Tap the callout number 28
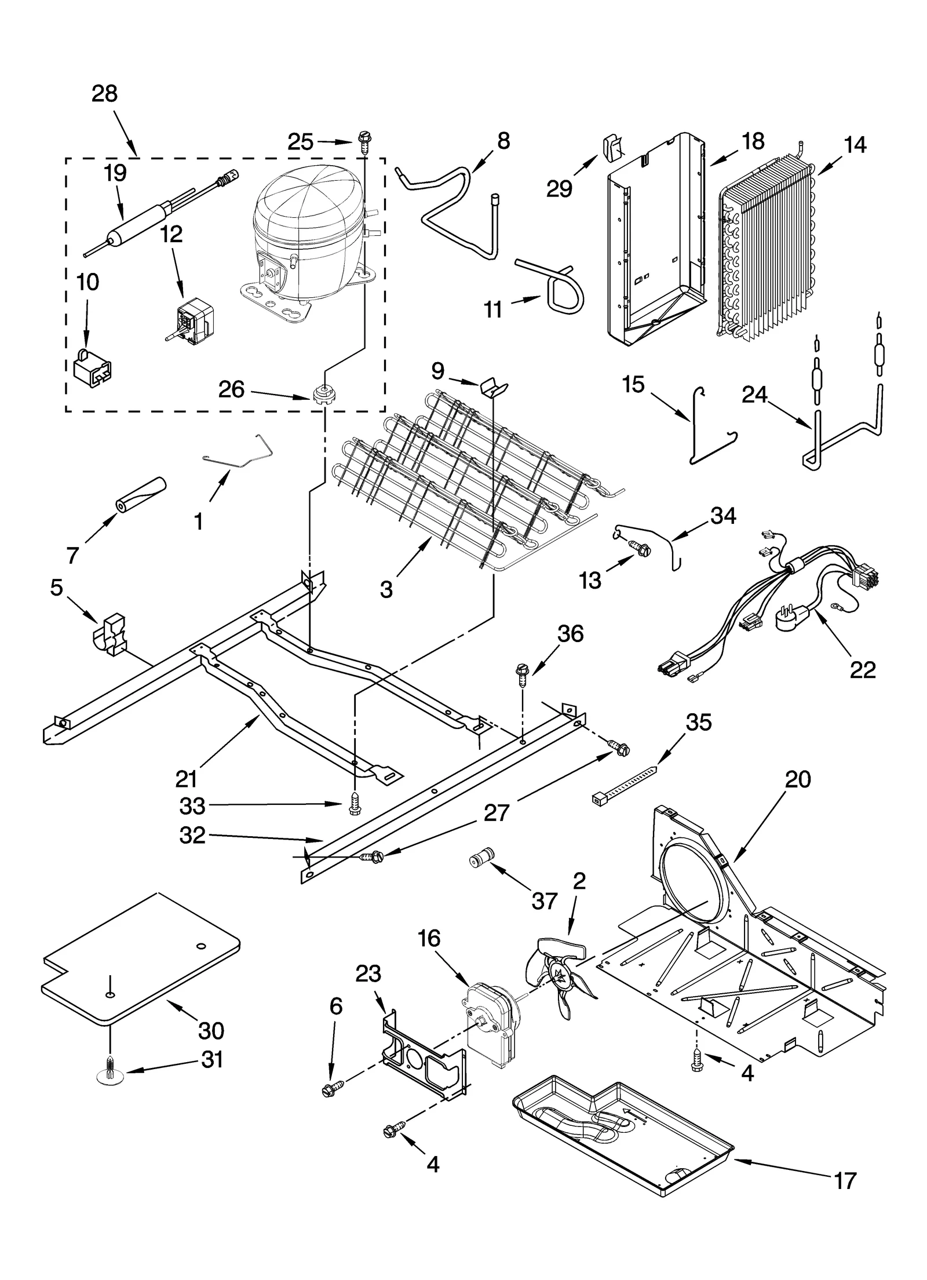pos(104,94)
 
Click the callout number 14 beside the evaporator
pos(855,145)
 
